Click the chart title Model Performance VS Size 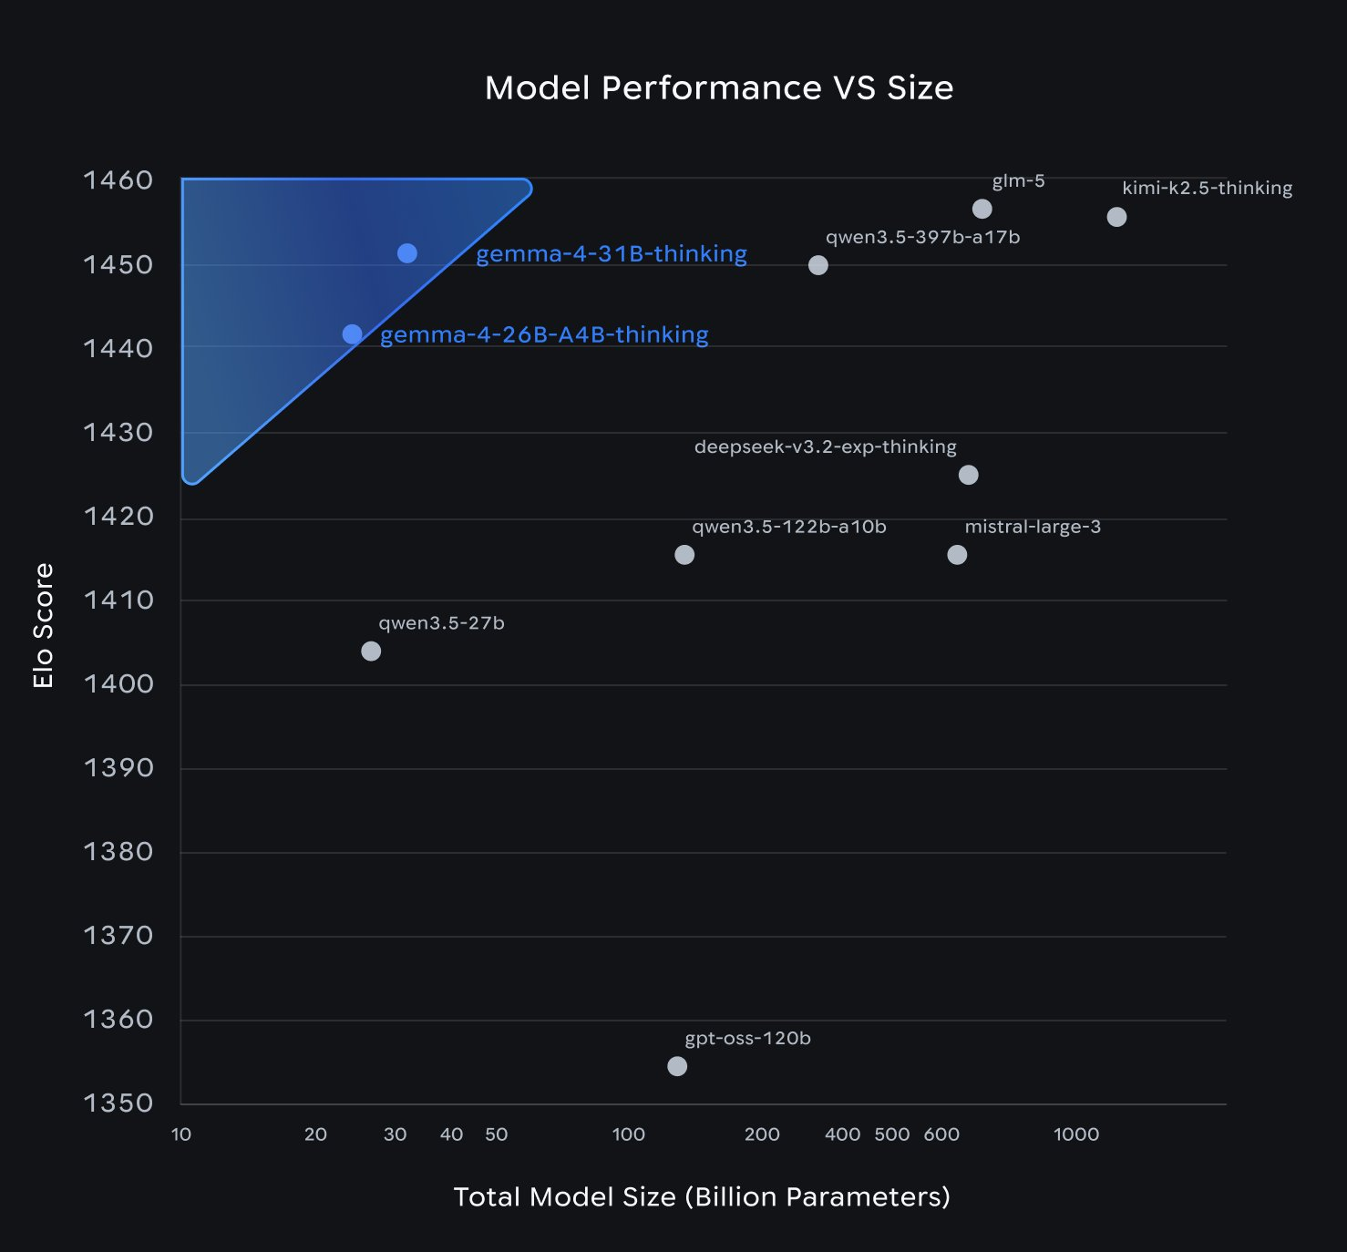click(719, 87)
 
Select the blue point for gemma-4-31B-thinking click(407, 253)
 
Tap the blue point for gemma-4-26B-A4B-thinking click(353, 334)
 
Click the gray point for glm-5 click(982, 209)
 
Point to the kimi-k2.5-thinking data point click(1116, 217)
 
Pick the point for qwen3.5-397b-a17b click(818, 265)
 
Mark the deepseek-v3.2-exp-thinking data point click(969, 475)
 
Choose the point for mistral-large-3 click(957, 555)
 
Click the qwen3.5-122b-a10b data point click(684, 555)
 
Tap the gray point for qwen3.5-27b click(371, 651)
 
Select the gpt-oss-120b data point click(677, 1066)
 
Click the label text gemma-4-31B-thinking click(612, 253)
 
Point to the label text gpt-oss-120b click(747, 1038)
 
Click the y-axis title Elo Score click(43, 625)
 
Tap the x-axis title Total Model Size click(702, 1196)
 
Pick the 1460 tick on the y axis click(118, 180)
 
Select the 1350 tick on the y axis click(118, 1103)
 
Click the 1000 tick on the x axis click(1076, 1134)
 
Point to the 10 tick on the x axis click(181, 1134)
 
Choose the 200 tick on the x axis click(762, 1134)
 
